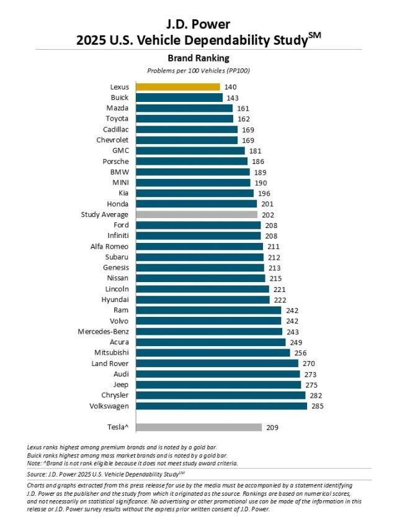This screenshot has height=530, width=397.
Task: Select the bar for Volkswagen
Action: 221,406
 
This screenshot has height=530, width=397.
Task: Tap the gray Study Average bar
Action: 197,214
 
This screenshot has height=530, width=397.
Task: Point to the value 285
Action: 318,406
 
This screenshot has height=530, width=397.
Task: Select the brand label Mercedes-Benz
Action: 103,331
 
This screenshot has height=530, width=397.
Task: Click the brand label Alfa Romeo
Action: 109,246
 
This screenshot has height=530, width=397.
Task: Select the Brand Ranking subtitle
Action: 198,58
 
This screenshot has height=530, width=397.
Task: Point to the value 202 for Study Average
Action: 268,214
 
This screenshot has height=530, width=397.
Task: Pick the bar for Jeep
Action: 218,385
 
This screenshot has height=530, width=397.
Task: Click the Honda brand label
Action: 118,203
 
